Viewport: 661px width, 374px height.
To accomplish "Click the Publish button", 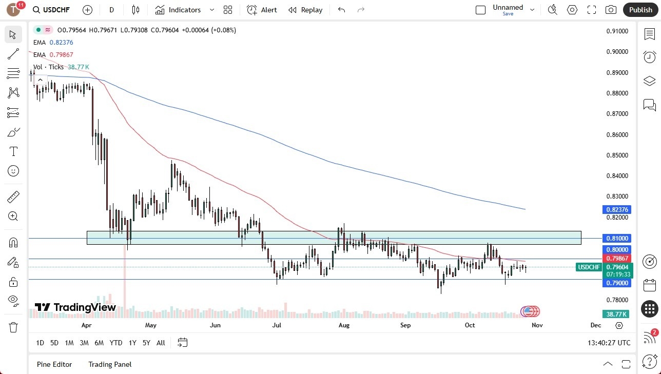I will [640, 10].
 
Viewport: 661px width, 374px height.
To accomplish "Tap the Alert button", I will [262, 10].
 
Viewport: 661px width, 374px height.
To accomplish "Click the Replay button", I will [305, 10].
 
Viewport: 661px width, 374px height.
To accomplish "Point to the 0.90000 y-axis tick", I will [617, 52].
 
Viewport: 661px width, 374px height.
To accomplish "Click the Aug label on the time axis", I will [344, 325].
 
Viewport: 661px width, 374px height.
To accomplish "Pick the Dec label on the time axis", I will [596, 325].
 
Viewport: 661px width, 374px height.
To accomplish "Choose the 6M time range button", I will [99, 343].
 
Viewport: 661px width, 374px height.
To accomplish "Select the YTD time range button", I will [116, 343].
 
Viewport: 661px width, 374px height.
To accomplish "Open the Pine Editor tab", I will [54, 364].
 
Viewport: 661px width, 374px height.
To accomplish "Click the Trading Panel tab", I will [110, 364].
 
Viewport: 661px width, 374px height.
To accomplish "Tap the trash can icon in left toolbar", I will [13, 327].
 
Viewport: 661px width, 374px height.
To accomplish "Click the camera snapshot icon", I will [611, 10].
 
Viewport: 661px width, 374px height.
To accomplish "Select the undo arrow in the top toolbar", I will [342, 10].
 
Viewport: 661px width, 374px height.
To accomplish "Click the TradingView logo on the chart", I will [75, 308].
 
